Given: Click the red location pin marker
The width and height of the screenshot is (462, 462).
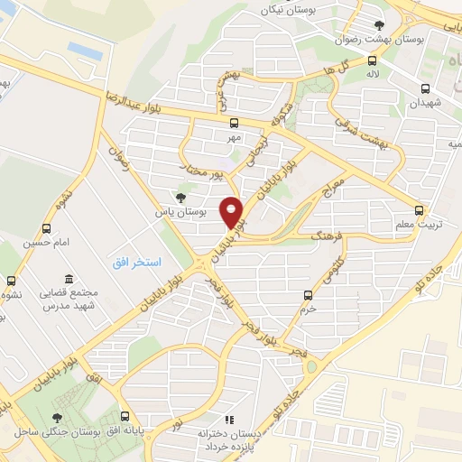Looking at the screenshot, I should pyautogui.click(x=233, y=211).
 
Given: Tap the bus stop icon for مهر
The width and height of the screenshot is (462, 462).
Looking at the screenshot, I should pyautogui.click(x=235, y=123).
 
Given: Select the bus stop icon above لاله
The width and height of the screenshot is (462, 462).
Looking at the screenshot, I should pyautogui.click(x=372, y=61).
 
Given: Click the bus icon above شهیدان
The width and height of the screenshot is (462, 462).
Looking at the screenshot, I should pyautogui.click(x=424, y=88).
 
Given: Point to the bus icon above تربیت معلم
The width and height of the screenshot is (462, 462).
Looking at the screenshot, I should pyautogui.click(x=416, y=206).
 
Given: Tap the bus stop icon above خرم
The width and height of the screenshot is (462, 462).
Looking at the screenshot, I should pyautogui.click(x=309, y=294).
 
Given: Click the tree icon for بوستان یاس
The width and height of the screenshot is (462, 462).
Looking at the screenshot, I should pyautogui.click(x=180, y=197).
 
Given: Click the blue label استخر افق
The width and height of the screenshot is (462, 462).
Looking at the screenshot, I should pyautogui.click(x=136, y=263).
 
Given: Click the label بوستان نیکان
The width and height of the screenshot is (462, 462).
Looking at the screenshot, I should pyautogui.click(x=278, y=10).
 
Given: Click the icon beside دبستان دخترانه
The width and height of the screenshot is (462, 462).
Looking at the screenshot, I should pyautogui.click(x=229, y=420).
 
